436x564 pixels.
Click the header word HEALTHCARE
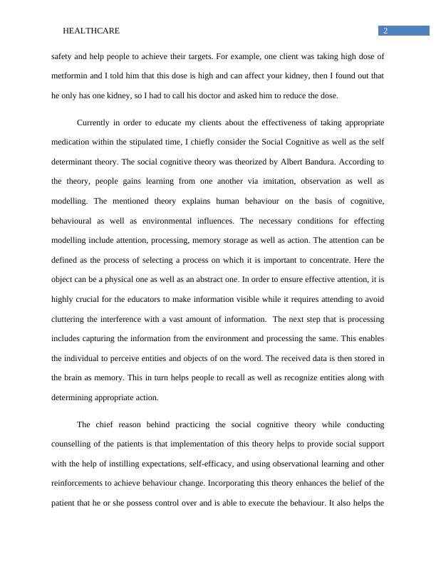91,31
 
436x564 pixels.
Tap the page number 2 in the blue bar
385,31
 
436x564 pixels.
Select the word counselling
76,444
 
